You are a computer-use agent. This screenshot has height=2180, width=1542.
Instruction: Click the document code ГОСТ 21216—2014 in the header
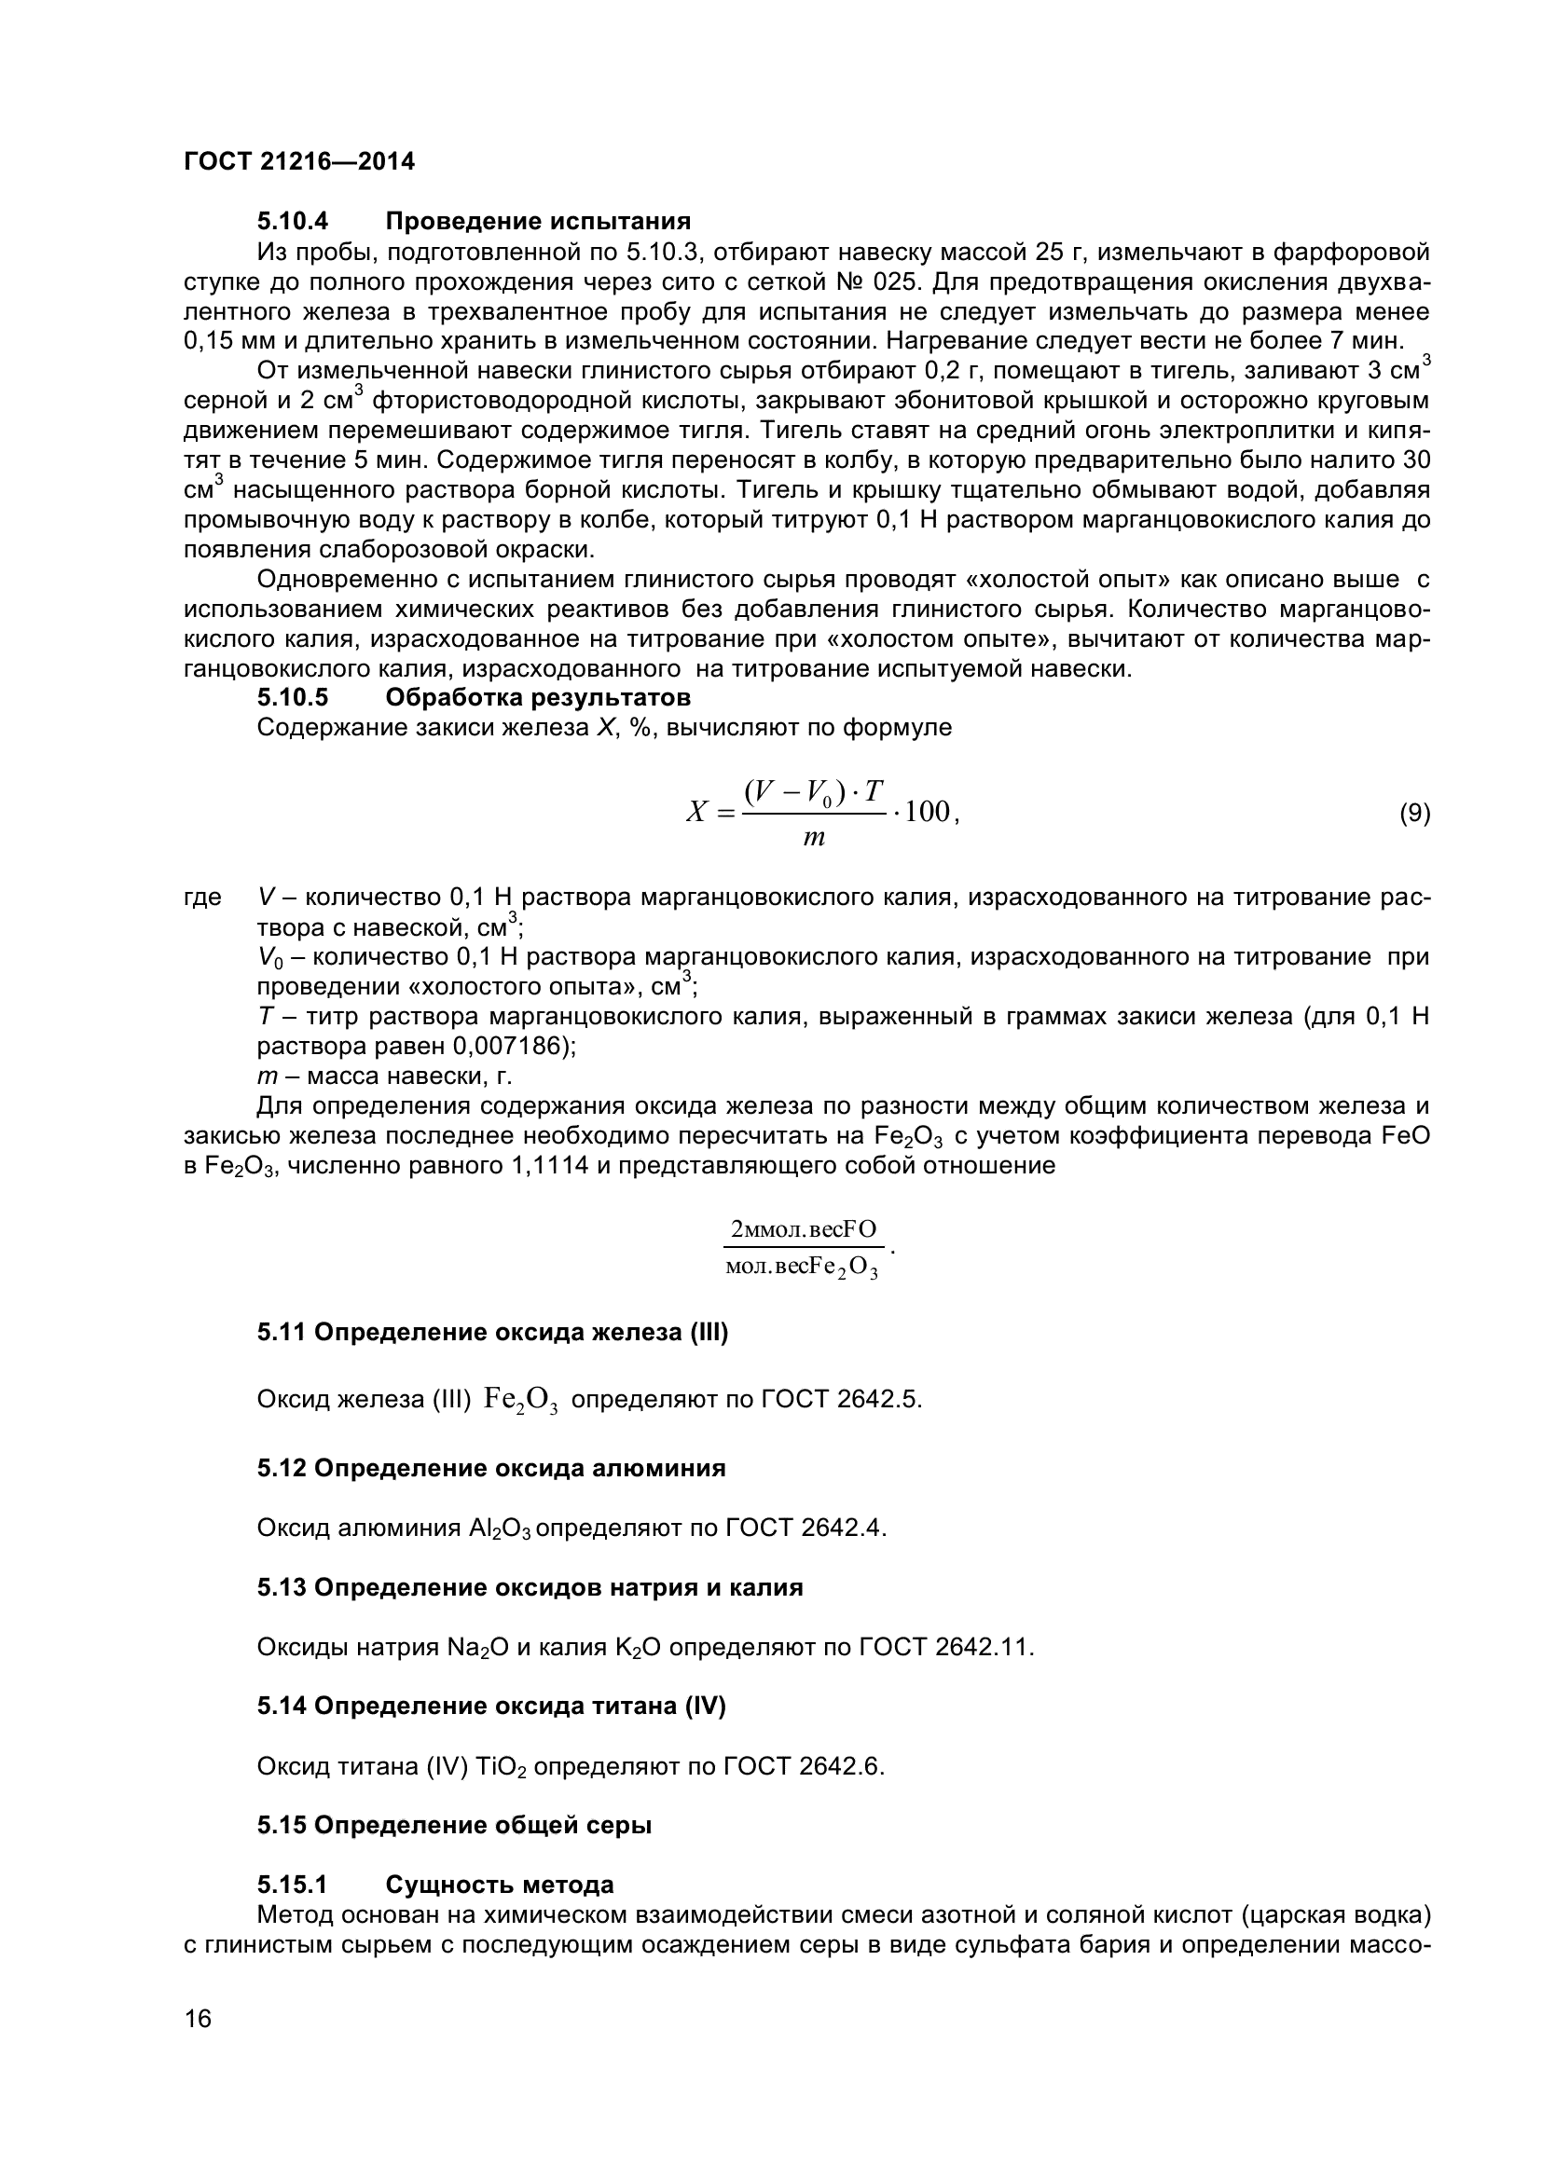(x=299, y=162)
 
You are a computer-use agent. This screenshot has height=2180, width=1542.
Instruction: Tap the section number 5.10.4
(x=293, y=222)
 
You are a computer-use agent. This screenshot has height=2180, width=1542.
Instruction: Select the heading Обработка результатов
(x=537, y=698)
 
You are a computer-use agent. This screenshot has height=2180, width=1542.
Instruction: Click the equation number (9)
(x=1415, y=813)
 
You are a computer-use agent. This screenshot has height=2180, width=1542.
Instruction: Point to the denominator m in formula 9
(x=814, y=840)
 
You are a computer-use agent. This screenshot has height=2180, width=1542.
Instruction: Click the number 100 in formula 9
(x=928, y=813)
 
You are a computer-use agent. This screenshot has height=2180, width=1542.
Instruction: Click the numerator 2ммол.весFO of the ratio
(x=804, y=1230)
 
